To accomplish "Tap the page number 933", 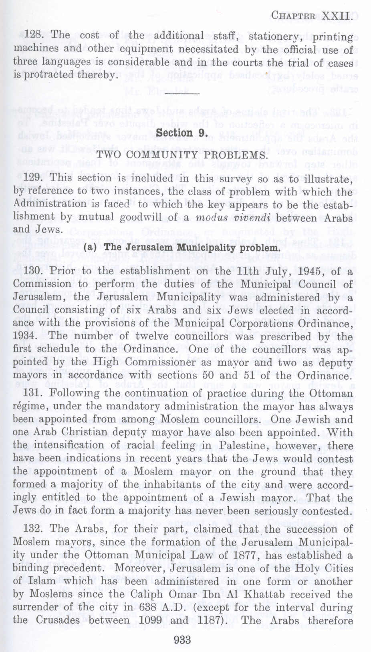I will [183, 639].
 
